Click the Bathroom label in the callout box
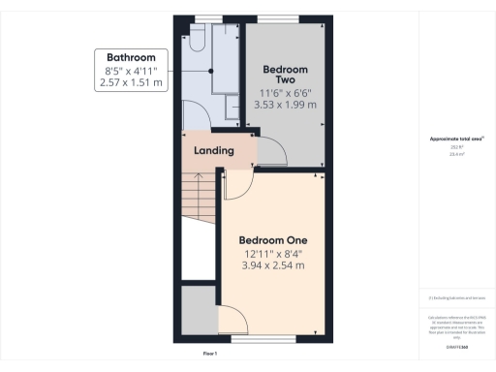click(131, 57)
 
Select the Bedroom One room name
click(273, 240)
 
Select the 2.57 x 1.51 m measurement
click(131, 84)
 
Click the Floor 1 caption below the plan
click(209, 355)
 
